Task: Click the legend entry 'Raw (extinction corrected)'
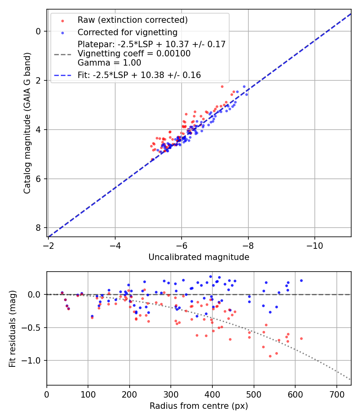click(x=132, y=20)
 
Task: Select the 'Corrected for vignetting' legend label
click(x=128, y=32)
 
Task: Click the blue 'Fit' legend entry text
click(x=139, y=75)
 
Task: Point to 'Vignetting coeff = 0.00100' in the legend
click(x=134, y=54)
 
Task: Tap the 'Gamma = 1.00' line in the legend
click(x=109, y=63)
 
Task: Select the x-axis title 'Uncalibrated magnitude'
click(x=199, y=257)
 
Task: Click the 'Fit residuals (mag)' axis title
click(x=12, y=328)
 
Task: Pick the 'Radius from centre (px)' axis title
click(x=199, y=406)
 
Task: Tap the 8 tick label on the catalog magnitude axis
click(x=39, y=228)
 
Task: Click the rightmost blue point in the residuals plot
click(x=301, y=280)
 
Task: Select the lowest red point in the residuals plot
click(x=270, y=356)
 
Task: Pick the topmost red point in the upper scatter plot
click(x=222, y=86)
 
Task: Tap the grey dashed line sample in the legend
click(x=62, y=54)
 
